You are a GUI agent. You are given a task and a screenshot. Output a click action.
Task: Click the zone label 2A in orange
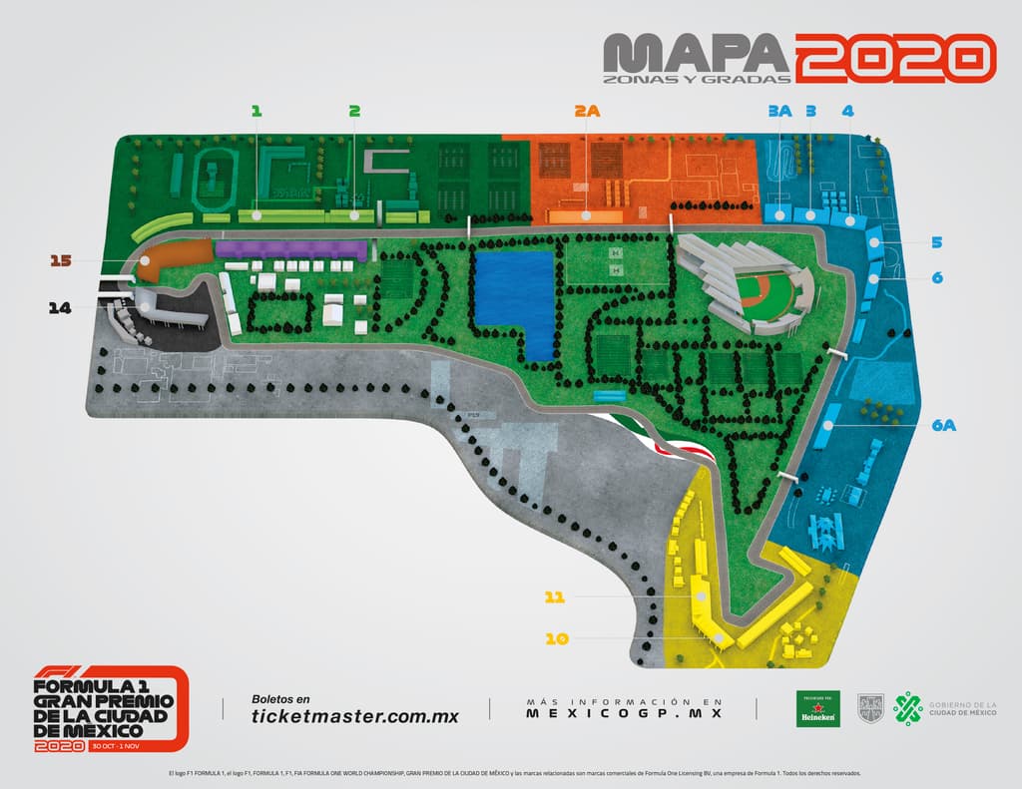(x=587, y=112)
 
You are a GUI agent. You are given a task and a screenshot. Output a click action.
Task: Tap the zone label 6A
(x=944, y=426)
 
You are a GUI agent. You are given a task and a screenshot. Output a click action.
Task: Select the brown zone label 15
(x=61, y=261)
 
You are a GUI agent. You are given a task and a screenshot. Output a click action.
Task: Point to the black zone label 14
(x=61, y=308)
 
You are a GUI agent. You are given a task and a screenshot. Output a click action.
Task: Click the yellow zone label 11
(x=555, y=597)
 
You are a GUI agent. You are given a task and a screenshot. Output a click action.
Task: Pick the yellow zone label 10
(x=556, y=638)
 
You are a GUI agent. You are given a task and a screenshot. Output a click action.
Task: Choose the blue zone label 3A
(x=779, y=112)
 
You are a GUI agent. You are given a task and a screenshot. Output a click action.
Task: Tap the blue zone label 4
(x=847, y=112)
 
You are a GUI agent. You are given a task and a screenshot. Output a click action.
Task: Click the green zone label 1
(x=256, y=112)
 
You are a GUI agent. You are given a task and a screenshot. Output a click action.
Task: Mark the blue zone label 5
(x=937, y=242)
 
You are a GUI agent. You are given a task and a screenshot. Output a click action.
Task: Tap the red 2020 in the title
(x=895, y=57)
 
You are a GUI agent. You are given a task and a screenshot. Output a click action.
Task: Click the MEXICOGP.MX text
(x=623, y=713)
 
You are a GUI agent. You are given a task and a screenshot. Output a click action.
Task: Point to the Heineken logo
(x=817, y=709)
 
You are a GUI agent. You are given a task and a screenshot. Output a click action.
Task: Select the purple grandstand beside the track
(x=291, y=249)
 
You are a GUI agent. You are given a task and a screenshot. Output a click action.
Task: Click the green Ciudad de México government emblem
(x=907, y=709)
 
